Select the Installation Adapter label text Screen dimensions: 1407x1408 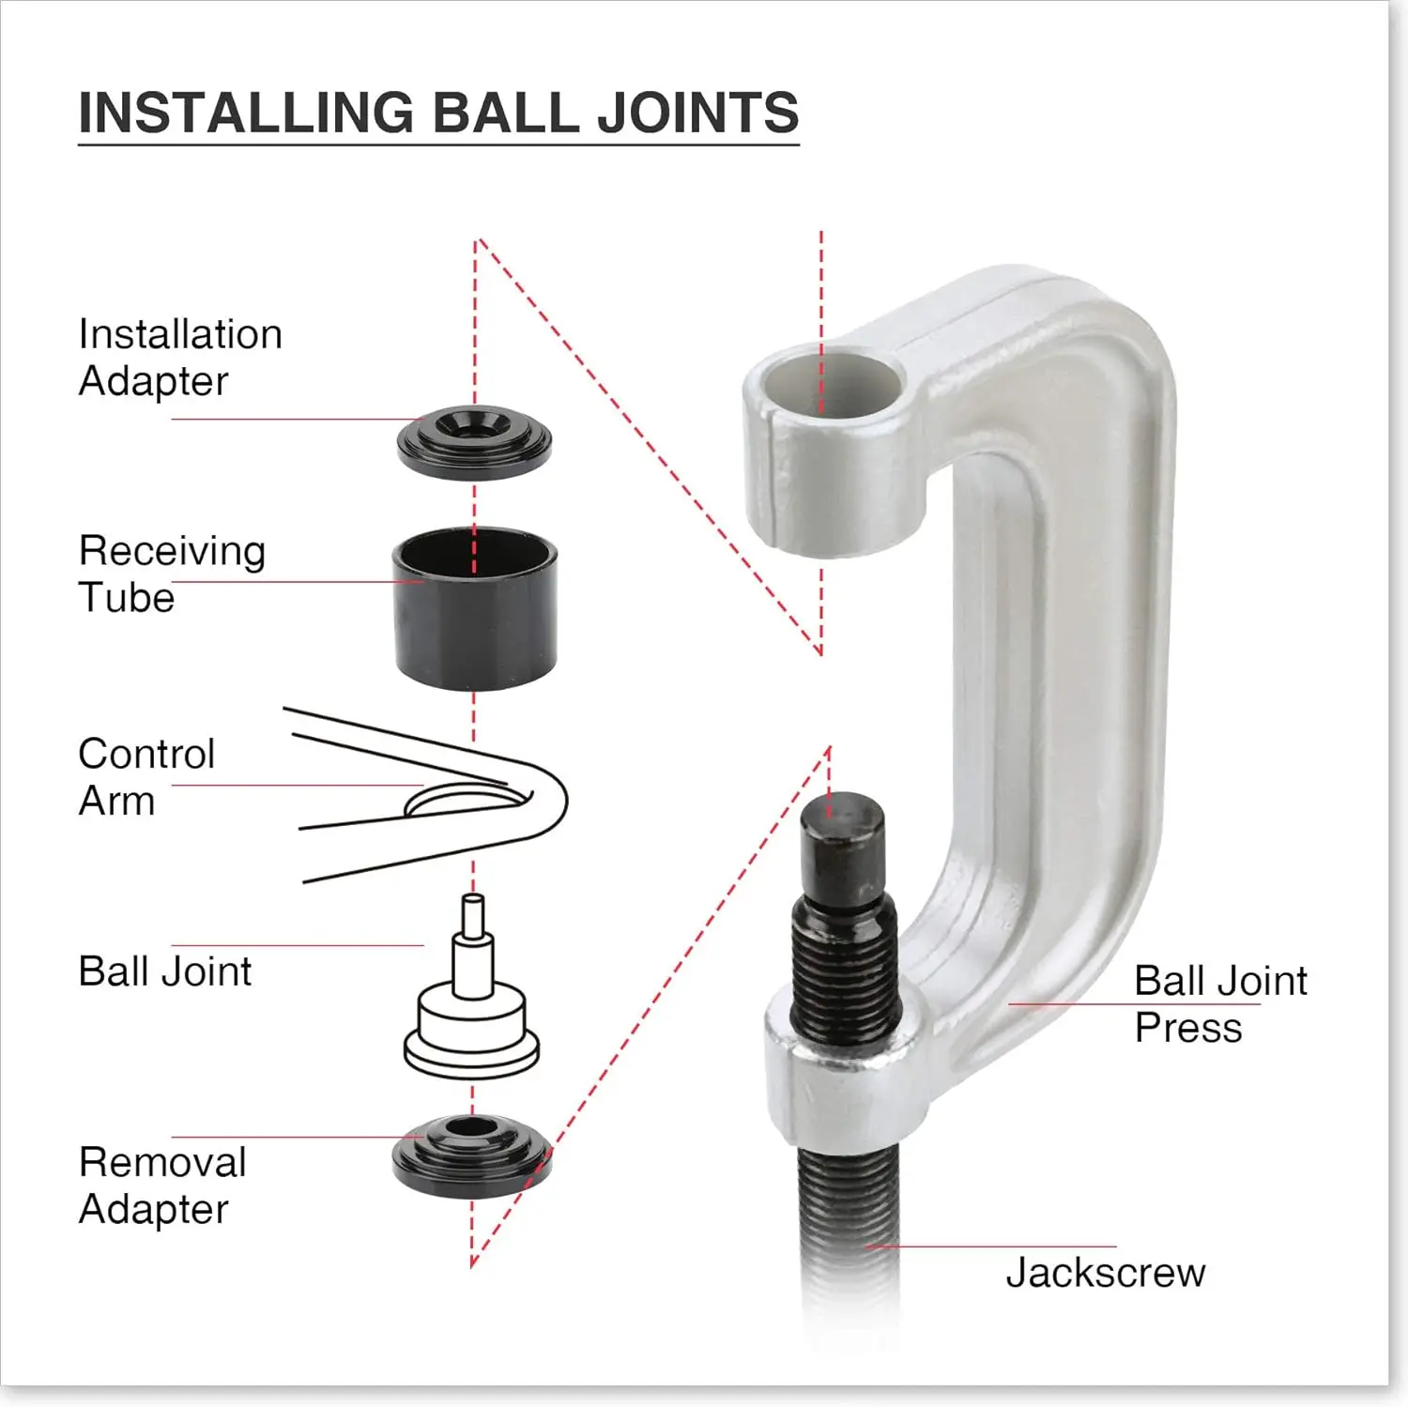click(x=179, y=358)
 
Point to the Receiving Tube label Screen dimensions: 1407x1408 click(x=172, y=574)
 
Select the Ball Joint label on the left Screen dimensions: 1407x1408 click(x=164, y=971)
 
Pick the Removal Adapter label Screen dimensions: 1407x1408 click(x=161, y=1185)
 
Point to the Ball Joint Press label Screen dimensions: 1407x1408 click(x=1219, y=1004)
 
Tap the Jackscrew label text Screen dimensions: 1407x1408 click(x=1105, y=1273)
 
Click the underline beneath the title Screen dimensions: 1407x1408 click(x=438, y=144)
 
